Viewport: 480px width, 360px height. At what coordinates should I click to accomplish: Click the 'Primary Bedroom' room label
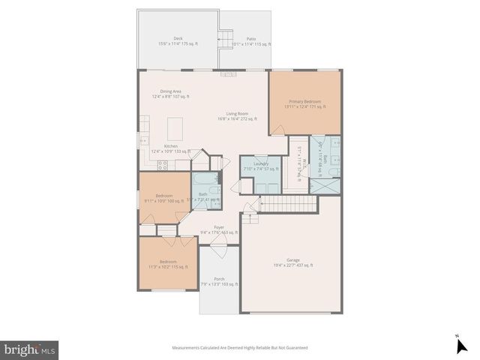pos(304,103)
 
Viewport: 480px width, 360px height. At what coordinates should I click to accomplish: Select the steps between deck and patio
pos(224,37)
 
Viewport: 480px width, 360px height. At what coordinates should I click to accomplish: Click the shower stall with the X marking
pos(325,185)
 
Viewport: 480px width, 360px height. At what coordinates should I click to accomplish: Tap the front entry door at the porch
pos(219,253)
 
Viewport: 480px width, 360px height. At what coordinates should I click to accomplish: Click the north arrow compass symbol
pos(461,344)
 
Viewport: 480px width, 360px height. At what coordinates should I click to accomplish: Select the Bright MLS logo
pos(30,349)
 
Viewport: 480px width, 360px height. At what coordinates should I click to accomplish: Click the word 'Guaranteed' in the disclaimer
pos(293,348)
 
